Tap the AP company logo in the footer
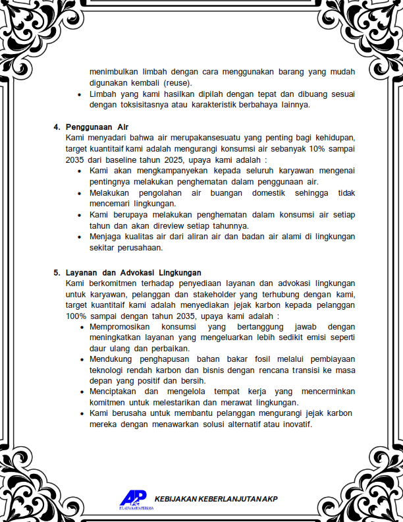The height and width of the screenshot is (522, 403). pos(133,498)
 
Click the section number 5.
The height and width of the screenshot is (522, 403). pos(56,272)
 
